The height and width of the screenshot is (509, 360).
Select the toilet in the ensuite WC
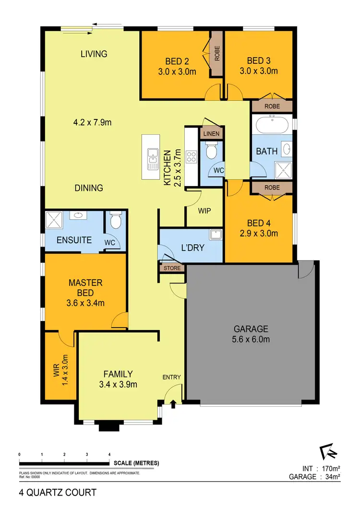(115, 221)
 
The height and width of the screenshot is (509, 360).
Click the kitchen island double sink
(153, 159)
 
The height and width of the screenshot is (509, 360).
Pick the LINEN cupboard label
(211, 134)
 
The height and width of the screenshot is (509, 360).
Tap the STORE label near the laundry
(172, 268)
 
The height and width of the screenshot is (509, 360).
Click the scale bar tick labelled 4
(109, 454)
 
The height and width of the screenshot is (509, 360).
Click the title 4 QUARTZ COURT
(58, 492)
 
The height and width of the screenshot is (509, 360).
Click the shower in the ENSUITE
(54, 221)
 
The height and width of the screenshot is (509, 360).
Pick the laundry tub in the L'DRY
(215, 235)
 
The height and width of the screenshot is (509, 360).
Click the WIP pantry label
(204, 211)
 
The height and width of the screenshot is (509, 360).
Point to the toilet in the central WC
(211, 153)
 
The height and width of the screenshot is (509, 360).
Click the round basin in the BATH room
(286, 149)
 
